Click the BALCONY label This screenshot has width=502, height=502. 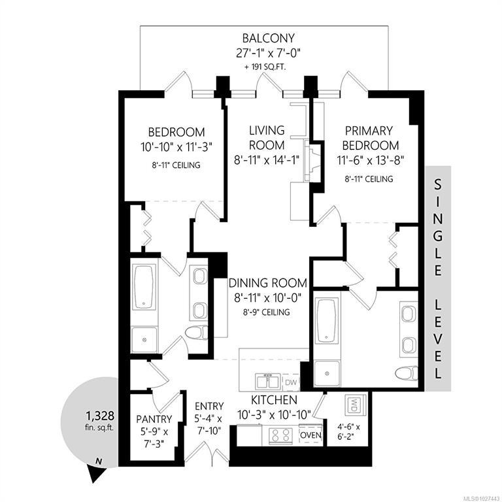point(268,38)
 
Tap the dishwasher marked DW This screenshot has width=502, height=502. point(291,382)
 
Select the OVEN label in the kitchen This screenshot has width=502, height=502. point(310,435)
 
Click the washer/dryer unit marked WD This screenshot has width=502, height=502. point(354,406)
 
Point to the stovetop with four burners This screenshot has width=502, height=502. point(281,435)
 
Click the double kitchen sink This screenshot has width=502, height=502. point(268,382)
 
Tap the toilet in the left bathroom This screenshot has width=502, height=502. point(196,332)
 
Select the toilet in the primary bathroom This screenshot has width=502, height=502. point(407,373)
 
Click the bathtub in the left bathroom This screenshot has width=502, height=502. point(144,287)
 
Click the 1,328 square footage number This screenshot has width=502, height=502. point(99,416)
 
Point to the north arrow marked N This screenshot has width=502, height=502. point(96,469)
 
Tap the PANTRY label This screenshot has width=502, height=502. point(154,419)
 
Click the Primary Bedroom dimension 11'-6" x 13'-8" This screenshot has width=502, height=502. point(370,160)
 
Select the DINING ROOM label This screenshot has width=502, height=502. point(268,283)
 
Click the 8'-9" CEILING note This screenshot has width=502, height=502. point(267,312)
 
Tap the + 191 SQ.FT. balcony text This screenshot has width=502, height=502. point(265,67)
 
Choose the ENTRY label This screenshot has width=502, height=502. point(209,407)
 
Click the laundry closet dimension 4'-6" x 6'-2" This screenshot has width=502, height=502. point(348,431)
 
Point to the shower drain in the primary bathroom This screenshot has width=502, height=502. point(327,374)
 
